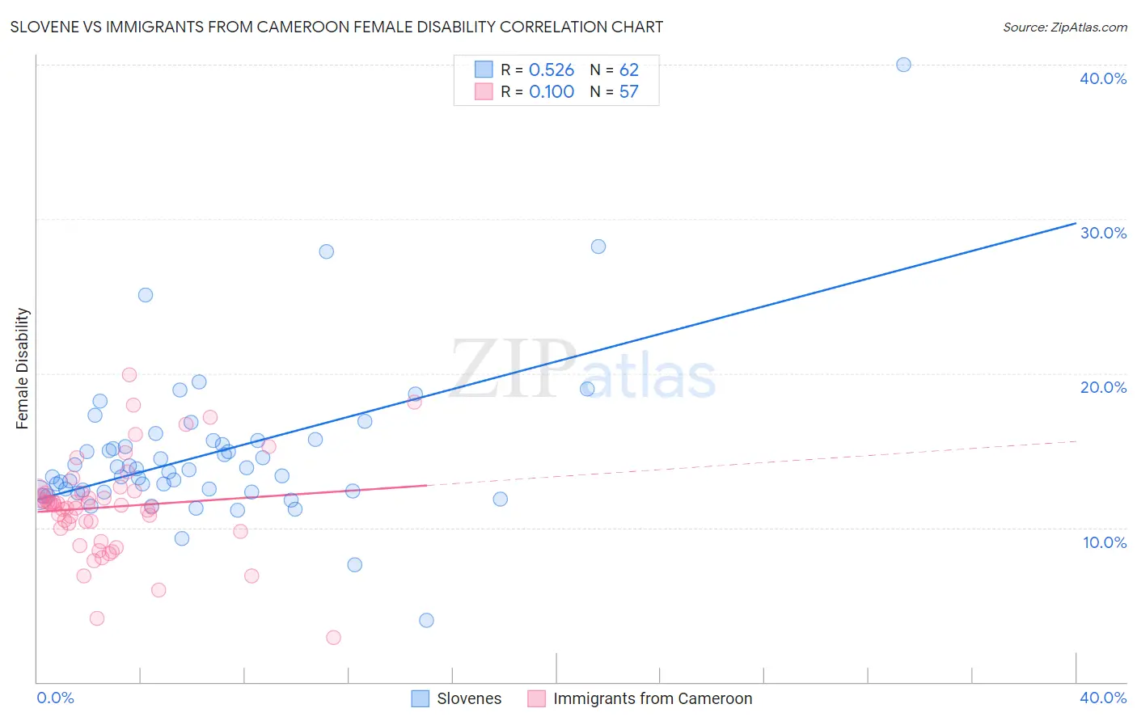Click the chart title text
[336, 27]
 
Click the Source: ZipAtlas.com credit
[1064, 27]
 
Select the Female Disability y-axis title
[23, 368]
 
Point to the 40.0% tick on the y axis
[1103, 78]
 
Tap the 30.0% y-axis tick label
[1103, 233]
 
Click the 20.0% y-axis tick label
[1103, 387]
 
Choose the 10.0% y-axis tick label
[1105, 542]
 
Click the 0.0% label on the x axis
[55, 698]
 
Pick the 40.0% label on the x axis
[1103, 698]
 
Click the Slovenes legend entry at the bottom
[457, 698]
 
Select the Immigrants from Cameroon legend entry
[640, 698]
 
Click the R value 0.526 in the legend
[552, 70]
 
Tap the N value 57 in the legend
[629, 92]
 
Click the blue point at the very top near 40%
[903, 65]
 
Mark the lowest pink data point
[333, 638]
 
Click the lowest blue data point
[426, 620]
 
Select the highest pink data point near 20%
[129, 374]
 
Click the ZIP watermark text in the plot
[514, 369]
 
